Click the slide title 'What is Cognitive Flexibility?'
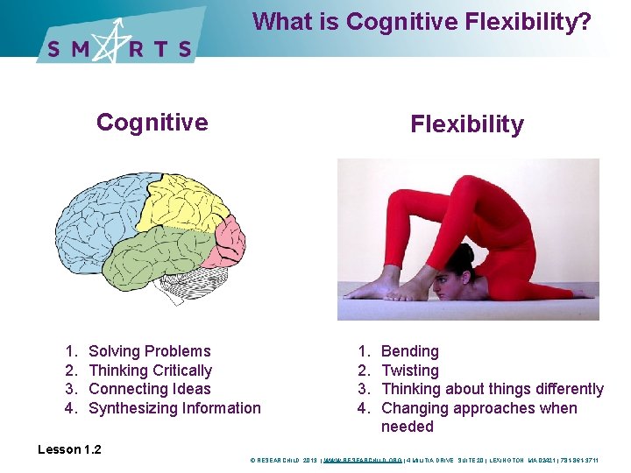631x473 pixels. (x=422, y=21)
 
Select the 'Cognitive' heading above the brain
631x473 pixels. (x=152, y=122)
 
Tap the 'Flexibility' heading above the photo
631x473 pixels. (x=467, y=124)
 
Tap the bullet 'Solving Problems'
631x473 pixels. (x=150, y=351)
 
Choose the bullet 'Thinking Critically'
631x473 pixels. (x=151, y=371)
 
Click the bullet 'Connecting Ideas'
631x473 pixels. (x=150, y=389)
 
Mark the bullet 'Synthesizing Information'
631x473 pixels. (x=175, y=408)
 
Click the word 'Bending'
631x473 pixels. (x=410, y=351)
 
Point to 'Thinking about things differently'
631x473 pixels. (x=493, y=389)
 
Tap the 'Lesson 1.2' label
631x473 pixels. (x=69, y=449)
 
